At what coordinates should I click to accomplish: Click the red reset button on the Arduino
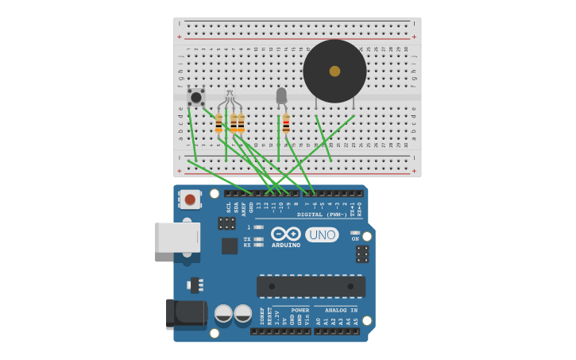coord(190,199)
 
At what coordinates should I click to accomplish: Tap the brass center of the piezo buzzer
coord(334,71)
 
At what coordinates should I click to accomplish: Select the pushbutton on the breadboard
coord(195,97)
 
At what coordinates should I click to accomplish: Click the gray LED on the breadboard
coord(281,95)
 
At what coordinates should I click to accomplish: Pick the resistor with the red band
coord(286,123)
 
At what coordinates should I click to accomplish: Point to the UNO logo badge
coord(322,234)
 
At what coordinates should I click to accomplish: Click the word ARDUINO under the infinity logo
coord(286,245)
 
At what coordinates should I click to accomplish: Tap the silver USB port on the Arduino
coord(177,238)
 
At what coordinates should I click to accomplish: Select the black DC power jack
coord(186,313)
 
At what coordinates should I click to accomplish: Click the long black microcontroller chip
coord(311,286)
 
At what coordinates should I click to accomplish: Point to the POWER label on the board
coord(300,310)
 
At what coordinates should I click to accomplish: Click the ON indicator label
coord(355,238)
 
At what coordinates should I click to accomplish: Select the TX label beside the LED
coord(247,238)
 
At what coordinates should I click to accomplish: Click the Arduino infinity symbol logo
coord(285,234)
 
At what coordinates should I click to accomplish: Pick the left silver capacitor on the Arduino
coord(223,313)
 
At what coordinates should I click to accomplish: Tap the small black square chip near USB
coord(230,246)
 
